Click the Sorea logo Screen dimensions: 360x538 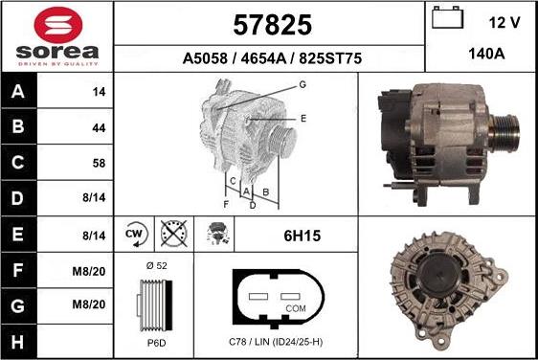tap(56, 36)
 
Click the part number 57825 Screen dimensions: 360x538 tap(272, 23)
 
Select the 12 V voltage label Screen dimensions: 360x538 tap(504, 22)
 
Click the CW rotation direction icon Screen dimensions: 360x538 tap(135, 233)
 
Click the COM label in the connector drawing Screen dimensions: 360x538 tap(296, 308)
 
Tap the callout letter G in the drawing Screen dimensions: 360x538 tap(302, 84)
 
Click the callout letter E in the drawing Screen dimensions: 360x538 tap(303, 118)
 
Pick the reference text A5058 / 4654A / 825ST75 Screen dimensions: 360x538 tap(272, 57)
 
